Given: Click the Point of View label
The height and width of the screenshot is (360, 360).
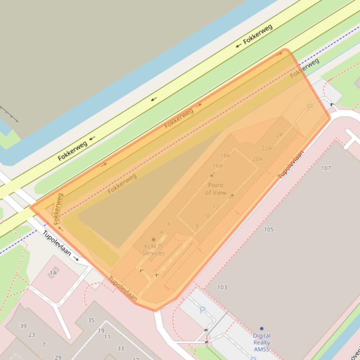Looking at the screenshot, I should click(216, 189).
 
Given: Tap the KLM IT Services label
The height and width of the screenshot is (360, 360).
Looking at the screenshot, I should click(154, 250).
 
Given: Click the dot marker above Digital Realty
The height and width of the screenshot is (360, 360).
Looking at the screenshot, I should click(261, 329).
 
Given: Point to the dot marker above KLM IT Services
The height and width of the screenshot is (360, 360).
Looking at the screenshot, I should click(153, 240).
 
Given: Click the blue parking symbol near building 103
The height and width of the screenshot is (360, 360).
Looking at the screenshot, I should click(202, 310).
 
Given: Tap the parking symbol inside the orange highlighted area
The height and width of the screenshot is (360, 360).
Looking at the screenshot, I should click(309, 107).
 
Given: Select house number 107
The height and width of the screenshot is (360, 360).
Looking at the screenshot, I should click(326, 168).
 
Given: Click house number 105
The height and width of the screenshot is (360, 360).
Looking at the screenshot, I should click(269, 230).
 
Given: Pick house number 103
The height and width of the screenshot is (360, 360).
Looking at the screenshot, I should click(222, 287).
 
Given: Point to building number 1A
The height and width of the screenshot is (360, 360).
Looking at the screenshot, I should click(53, 273).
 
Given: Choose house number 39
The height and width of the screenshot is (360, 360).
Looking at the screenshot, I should click(23, 326).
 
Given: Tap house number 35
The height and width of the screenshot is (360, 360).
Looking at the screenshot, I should click(91, 320).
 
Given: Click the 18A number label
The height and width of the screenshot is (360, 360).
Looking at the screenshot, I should click(225, 156).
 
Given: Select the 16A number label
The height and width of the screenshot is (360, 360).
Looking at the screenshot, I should click(217, 166).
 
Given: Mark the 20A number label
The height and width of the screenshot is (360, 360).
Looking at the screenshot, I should click(258, 159).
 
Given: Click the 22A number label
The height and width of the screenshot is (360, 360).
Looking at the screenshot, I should click(266, 149).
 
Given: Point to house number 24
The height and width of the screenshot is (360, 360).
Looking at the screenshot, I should click(279, 135).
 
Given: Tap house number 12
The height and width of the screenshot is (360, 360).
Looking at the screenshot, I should click(216, 207).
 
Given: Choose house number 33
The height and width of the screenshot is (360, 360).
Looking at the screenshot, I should click(121, 348).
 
